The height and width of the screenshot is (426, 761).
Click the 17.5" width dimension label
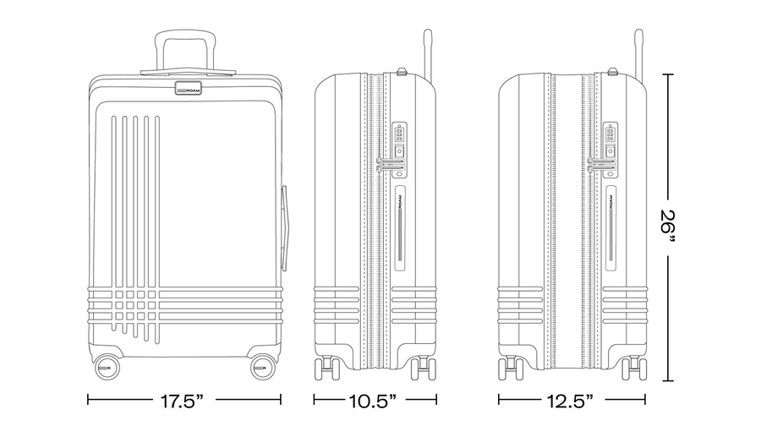click(x=182, y=401)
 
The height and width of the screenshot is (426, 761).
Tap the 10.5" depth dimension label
click(x=373, y=401)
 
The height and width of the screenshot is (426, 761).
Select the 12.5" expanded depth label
click(x=570, y=401)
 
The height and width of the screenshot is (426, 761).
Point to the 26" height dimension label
click(x=668, y=228)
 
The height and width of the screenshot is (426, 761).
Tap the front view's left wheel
click(x=107, y=368)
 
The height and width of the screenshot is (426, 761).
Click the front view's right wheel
click(x=264, y=368)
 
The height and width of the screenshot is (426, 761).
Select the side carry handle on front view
click(x=284, y=227)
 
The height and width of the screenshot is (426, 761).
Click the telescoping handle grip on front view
click(x=185, y=35)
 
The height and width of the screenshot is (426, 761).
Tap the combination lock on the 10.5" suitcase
click(x=399, y=141)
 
